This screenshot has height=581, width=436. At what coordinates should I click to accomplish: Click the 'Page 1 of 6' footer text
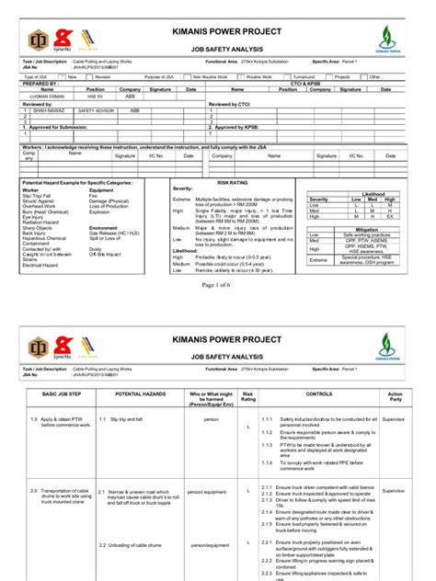pyautogui.click(x=217, y=286)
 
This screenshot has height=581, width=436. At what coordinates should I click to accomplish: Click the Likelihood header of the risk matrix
pyautogui.click(x=374, y=194)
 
